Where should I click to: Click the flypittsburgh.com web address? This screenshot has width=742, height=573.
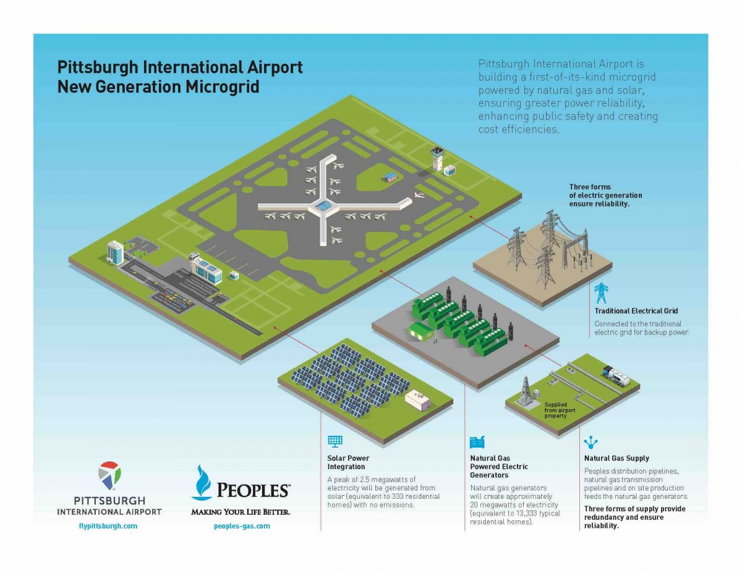108,526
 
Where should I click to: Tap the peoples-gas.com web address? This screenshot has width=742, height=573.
242,526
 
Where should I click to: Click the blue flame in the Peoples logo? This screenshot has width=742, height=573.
202,482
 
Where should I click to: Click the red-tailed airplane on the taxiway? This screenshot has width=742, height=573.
419,195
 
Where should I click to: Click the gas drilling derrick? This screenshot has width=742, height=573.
525,391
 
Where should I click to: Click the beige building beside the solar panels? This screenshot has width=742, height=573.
417,400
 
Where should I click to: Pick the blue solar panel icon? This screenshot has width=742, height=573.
335,441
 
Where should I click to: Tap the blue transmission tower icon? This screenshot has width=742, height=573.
601,293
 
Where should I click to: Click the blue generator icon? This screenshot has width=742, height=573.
477,442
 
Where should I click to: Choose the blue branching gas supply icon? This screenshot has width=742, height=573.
591,443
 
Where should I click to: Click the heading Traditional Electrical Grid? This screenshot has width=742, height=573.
636,311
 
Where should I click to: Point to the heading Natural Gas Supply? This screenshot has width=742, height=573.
616,458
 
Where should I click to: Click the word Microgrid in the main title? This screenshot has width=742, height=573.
223,87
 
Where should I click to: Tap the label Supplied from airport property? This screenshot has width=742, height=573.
560,410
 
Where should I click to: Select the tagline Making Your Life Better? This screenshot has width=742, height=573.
241,512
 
